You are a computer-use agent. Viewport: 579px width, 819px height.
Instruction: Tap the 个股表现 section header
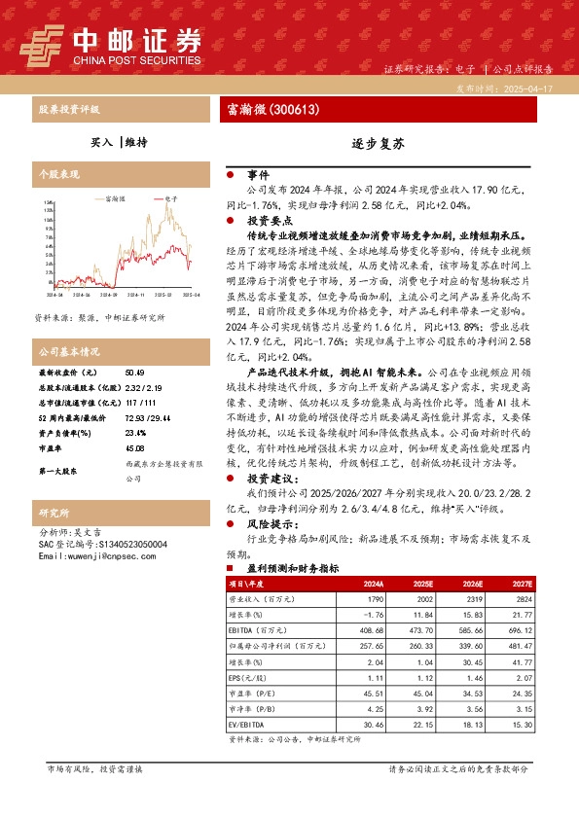(57, 172)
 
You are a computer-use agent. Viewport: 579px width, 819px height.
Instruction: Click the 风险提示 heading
(268, 523)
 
